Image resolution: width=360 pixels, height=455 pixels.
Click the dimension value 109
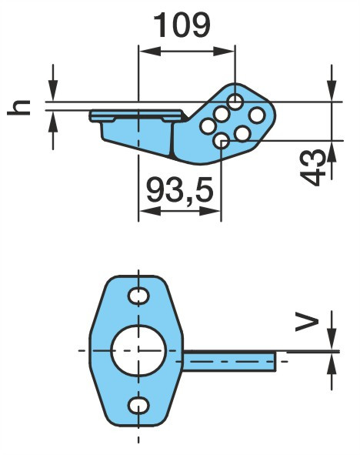pyautogui.click(x=182, y=25)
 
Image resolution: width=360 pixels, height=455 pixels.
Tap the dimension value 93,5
pyautogui.click(x=180, y=190)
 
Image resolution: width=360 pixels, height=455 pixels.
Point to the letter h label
pyautogui.click(x=18, y=107)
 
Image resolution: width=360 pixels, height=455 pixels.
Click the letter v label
pyautogui.click(x=307, y=321)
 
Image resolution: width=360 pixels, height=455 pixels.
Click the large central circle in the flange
pyautogui.click(x=138, y=350)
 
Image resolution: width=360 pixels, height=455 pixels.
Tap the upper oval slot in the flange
pyautogui.click(x=138, y=296)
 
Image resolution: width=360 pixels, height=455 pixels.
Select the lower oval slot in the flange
pyautogui.click(x=138, y=406)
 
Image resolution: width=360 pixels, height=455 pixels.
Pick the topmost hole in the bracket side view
pyautogui.click(x=235, y=102)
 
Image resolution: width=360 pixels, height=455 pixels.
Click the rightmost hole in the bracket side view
pyautogui.click(x=257, y=115)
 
